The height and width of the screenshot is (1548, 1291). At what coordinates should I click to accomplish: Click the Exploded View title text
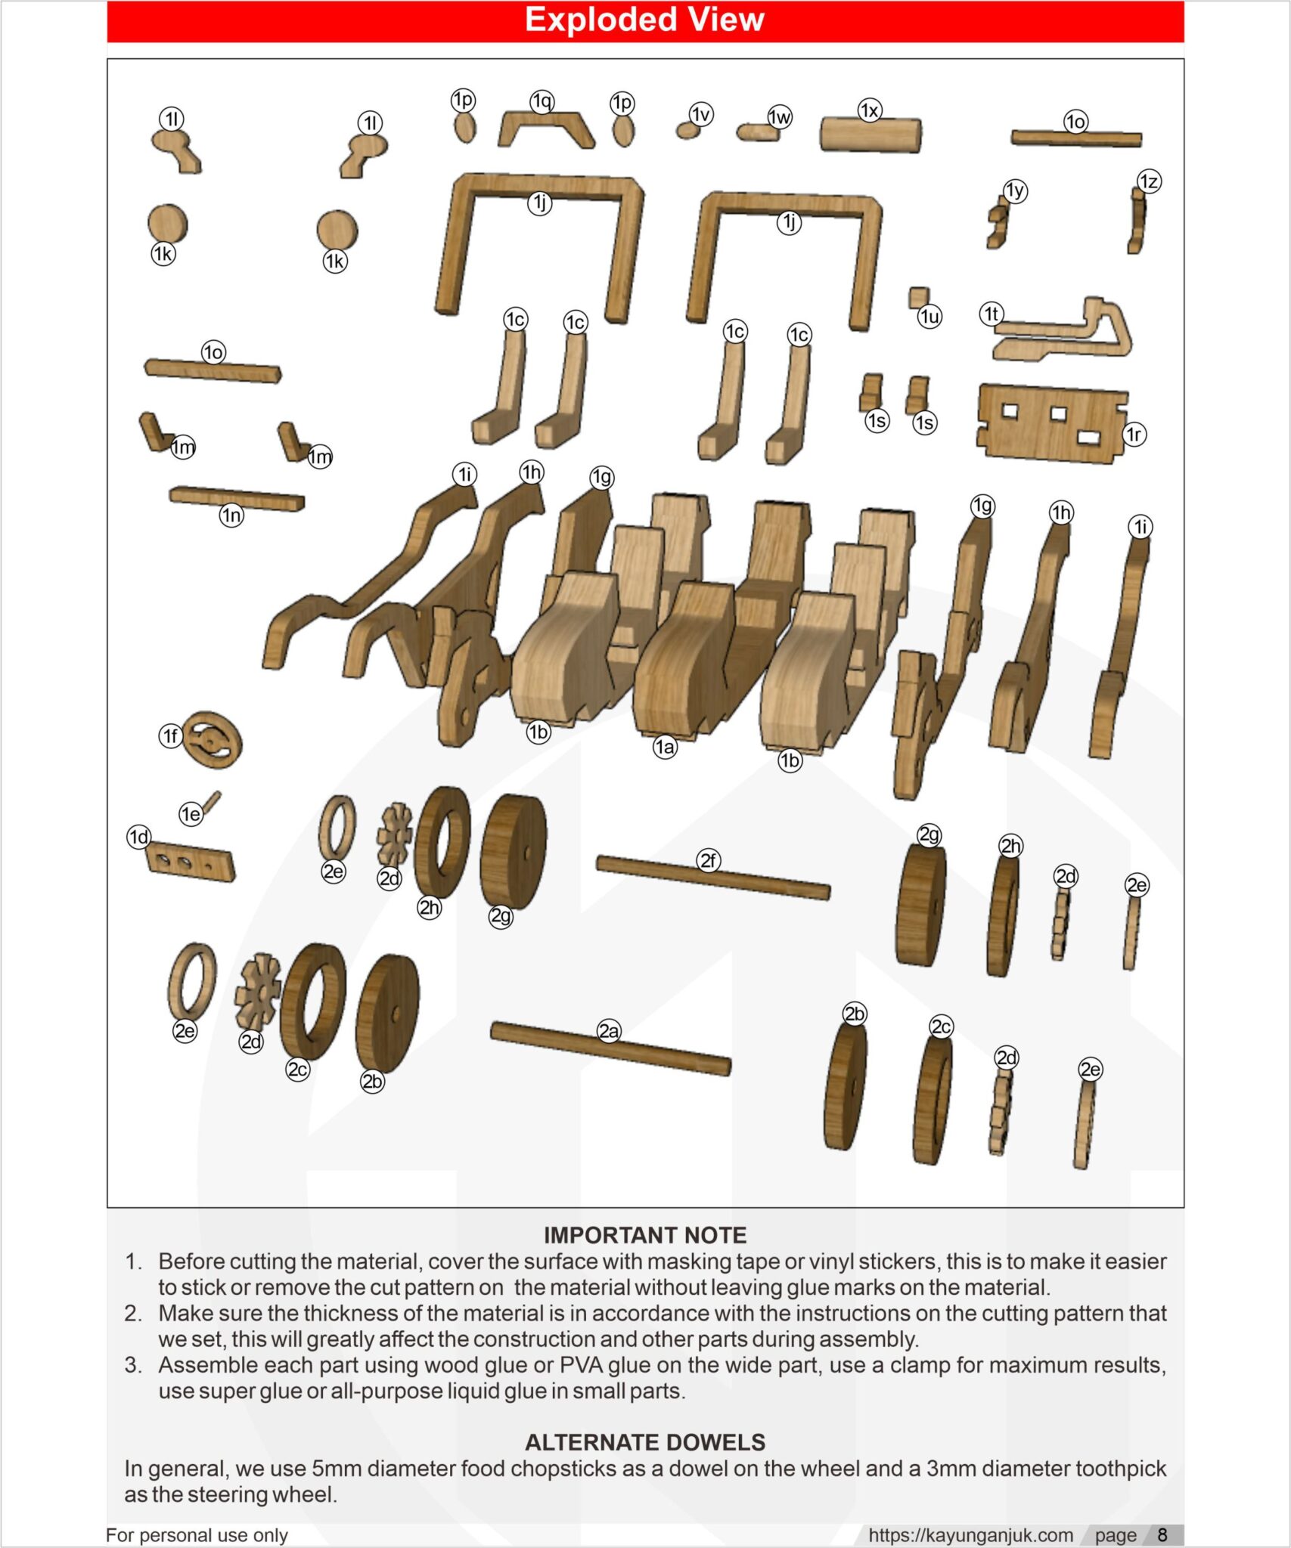click(x=644, y=20)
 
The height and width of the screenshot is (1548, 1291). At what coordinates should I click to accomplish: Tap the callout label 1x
click(x=870, y=110)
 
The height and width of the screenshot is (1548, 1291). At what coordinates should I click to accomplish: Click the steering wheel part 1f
click(x=213, y=740)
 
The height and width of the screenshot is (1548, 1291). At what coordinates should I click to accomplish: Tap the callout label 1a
click(x=665, y=747)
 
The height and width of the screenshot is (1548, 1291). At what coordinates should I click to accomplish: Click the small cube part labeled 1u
click(x=919, y=296)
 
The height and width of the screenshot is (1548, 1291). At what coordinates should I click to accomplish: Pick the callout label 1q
click(x=542, y=101)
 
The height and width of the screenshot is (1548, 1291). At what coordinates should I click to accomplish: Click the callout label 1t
click(x=992, y=314)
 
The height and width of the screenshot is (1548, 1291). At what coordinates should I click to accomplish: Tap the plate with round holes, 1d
click(x=191, y=863)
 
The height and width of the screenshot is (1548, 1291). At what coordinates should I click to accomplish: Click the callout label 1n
click(x=231, y=515)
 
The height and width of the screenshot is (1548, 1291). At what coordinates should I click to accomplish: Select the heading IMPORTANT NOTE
click(x=644, y=1235)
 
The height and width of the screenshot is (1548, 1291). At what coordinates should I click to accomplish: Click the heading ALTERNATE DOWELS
click(x=644, y=1442)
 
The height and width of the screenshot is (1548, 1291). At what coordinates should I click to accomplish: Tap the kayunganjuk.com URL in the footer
click(x=970, y=1535)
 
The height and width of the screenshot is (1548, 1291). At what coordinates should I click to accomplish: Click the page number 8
click(x=1162, y=1535)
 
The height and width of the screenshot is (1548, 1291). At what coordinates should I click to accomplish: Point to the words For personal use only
click(x=197, y=1535)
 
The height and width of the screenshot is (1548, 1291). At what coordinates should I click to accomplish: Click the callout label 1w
click(x=779, y=116)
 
